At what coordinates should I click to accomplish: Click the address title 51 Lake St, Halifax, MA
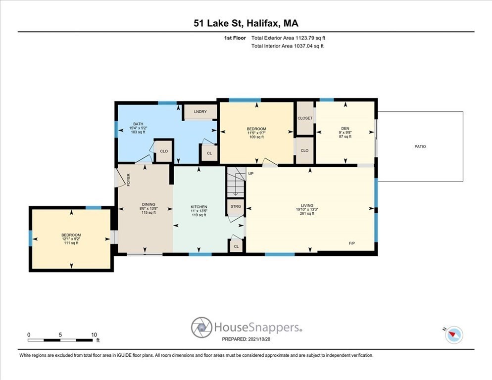pos(246,23)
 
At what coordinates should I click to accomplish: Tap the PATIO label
pos(420,146)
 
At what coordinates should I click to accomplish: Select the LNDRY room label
pos(200,112)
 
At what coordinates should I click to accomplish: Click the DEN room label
pos(345,128)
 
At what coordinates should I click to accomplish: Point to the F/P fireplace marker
pos(352,243)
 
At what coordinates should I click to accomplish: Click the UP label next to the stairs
pos(251,174)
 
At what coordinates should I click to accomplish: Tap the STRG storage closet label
pos(236,206)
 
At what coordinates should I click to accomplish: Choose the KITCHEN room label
pos(199,207)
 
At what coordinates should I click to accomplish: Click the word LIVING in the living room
pos(307,205)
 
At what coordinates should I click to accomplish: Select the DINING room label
pos(148,204)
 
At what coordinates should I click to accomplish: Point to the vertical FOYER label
pos(128,180)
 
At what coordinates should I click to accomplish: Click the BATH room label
pos(138,124)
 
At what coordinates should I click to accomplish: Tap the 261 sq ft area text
pos(307,214)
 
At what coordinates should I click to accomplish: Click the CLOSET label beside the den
pos(305,118)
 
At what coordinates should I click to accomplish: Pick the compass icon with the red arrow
pos(454,334)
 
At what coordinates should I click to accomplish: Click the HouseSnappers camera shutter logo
pos(201,327)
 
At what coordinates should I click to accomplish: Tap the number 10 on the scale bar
pos(94,335)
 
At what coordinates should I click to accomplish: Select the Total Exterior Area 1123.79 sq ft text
pos(288,38)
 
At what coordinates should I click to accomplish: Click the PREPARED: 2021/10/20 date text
pos(246,339)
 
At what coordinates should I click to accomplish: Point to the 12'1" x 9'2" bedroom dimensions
pos(71,239)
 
